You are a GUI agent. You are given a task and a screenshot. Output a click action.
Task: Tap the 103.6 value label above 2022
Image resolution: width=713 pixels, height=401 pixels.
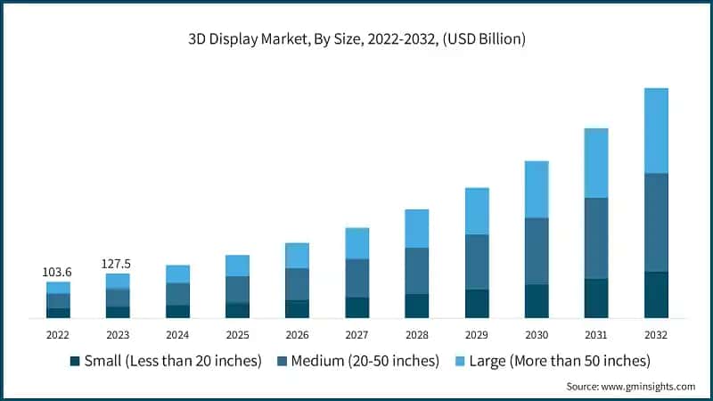click(58, 271)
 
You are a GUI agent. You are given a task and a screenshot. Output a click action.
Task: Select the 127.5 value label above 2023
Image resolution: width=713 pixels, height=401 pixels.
click(118, 263)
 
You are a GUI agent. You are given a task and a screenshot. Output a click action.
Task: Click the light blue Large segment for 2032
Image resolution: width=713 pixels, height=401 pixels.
click(656, 130)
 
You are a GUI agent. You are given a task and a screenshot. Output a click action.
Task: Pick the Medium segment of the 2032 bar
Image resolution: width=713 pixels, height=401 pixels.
click(656, 222)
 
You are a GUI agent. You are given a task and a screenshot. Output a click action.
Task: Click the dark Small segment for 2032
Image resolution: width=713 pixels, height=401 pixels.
click(656, 295)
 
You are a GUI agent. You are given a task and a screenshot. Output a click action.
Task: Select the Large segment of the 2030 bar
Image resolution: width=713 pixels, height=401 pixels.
click(537, 189)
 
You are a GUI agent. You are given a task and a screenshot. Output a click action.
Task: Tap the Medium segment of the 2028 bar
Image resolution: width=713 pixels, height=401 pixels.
click(417, 271)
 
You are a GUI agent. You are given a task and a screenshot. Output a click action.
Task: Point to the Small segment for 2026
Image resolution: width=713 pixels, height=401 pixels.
click(297, 309)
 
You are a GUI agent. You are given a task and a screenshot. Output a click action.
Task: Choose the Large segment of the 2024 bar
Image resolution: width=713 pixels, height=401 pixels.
click(177, 274)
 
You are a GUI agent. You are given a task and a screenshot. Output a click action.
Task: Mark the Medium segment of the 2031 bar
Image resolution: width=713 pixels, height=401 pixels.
click(596, 238)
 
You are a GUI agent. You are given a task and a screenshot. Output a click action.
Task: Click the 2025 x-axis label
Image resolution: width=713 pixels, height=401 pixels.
click(237, 334)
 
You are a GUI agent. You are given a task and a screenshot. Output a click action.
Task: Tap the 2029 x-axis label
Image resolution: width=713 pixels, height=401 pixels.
click(477, 334)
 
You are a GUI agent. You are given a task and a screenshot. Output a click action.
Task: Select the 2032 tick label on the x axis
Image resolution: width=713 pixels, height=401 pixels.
click(656, 334)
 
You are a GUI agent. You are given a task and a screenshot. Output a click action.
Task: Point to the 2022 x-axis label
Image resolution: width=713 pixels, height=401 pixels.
click(58, 334)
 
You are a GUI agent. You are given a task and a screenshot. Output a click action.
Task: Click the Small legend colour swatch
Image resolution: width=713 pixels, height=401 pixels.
click(74, 361)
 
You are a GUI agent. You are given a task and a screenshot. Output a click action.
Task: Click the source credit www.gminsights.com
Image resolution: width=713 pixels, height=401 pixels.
click(631, 387)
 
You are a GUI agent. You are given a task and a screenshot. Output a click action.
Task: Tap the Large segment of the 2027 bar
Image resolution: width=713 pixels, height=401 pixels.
click(357, 243)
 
